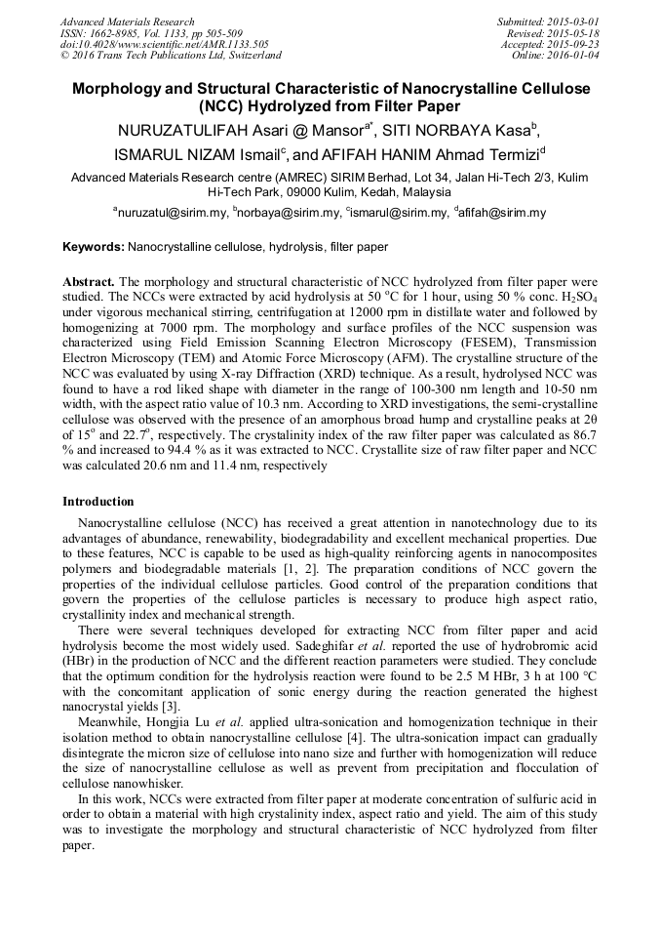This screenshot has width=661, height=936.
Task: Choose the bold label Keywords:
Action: tap(94, 247)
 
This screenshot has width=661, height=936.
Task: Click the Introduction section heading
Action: tap(98, 501)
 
